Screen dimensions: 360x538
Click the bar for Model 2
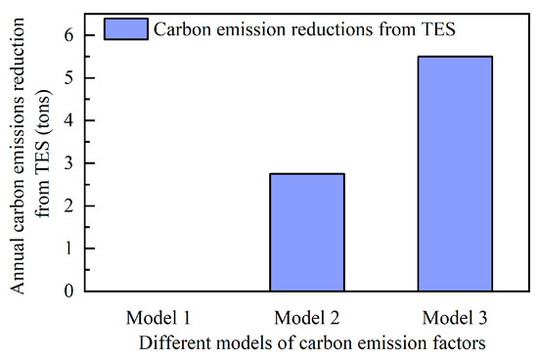click(306, 232)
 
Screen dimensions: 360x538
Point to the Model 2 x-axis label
click(306, 319)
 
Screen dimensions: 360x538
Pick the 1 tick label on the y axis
click(69, 248)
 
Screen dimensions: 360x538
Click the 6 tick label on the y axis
click(69, 34)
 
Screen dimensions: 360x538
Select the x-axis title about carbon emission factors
click(311, 343)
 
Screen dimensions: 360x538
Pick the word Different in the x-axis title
click(173, 343)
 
